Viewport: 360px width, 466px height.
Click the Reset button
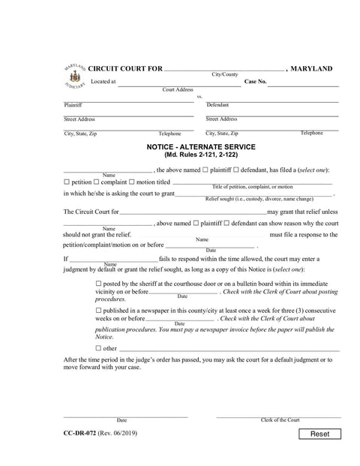click(319, 434)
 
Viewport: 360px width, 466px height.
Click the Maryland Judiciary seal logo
click(74, 77)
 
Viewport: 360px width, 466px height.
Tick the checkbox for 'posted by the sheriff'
click(100, 284)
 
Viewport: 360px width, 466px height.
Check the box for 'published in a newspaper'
click(100, 311)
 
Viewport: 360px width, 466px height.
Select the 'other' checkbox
click(100, 348)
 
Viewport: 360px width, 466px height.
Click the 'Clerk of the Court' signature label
click(280, 420)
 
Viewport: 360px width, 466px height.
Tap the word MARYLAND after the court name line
click(311, 68)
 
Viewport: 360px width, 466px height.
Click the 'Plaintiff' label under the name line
click(73, 105)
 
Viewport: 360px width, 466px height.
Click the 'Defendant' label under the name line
click(218, 105)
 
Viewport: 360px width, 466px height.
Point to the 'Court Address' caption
click(178, 89)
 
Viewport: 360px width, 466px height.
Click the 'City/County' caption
click(224, 75)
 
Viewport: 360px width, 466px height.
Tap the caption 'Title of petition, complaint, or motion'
click(253, 187)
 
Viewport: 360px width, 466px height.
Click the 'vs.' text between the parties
click(200, 97)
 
